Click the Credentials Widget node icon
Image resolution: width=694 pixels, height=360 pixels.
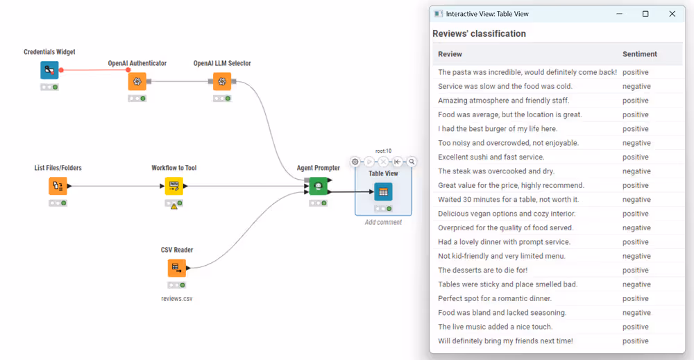49,71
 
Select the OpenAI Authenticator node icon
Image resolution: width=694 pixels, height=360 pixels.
137,82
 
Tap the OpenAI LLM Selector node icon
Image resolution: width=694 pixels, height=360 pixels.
222,82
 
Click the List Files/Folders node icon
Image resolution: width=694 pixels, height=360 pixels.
58,186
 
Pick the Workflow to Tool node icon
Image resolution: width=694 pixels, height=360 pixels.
173,186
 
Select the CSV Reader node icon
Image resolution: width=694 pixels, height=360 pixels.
177,268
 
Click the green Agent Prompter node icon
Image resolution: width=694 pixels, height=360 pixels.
318,186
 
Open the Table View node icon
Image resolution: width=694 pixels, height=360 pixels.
383,192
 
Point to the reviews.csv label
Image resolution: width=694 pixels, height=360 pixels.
176,298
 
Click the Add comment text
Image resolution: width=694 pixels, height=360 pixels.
383,222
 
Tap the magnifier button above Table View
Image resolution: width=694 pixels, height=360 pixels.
412,162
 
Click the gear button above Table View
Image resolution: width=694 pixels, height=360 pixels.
355,162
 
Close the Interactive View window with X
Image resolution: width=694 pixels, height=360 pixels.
672,14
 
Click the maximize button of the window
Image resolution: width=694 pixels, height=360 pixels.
645,14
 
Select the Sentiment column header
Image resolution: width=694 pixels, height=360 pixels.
639,54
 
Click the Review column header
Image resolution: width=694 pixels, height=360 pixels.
450,54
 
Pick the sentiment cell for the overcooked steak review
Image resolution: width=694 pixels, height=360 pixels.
636,171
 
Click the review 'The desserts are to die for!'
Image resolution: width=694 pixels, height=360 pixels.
482,270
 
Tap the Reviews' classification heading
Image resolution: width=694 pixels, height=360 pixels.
479,33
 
